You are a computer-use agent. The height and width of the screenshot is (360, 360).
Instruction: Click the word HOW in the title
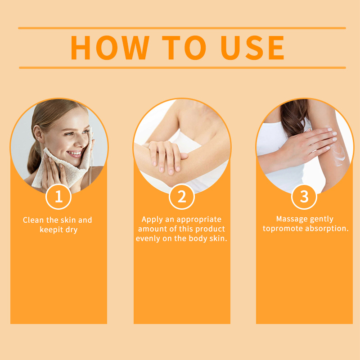(110, 48)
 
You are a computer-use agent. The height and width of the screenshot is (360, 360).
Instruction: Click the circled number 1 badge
(58, 197)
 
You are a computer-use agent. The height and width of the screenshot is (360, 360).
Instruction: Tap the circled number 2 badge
(181, 197)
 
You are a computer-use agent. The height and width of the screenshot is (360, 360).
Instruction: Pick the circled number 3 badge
(304, 197)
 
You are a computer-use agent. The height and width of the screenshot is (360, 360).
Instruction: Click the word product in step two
(209, 229)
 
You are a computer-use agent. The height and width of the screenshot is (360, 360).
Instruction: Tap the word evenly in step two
(148, 238)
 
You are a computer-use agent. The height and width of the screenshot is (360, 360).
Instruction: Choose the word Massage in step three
(291, 219)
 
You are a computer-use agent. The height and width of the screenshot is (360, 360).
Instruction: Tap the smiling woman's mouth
(75, 154)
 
